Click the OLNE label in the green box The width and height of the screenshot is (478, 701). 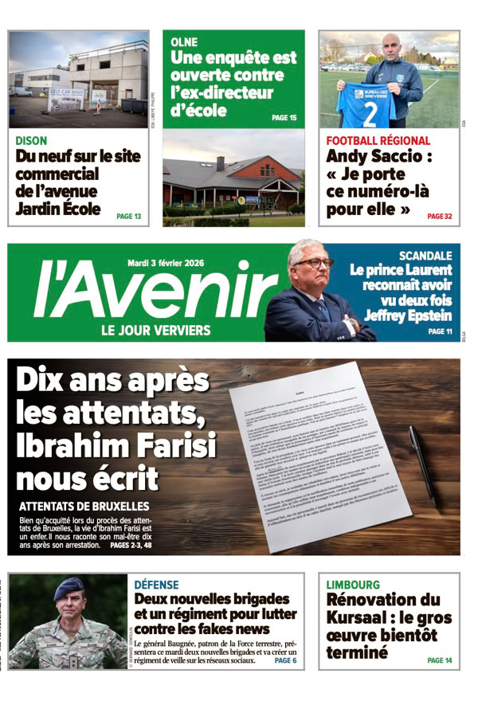184,41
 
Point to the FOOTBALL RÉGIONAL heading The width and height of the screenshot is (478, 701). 378,141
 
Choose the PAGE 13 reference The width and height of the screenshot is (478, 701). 128,216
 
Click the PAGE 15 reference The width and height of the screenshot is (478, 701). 284,118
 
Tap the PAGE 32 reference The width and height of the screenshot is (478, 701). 439,216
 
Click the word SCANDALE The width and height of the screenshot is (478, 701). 425,257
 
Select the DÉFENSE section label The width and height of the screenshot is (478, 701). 156,585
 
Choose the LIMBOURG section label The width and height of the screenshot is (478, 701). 353,585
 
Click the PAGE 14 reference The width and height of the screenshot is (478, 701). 439,660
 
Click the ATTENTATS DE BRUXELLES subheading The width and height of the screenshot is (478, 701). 84,506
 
